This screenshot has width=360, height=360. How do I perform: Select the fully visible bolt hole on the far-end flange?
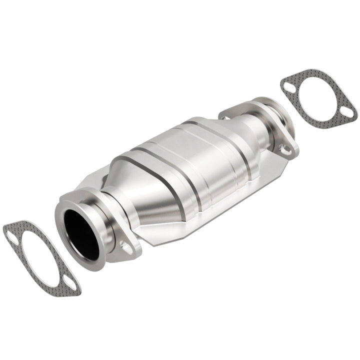285,148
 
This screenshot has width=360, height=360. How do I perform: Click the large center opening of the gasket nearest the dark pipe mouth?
42,258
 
